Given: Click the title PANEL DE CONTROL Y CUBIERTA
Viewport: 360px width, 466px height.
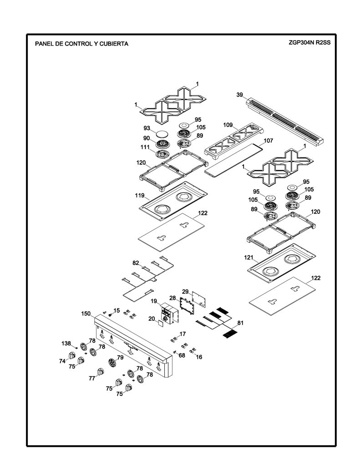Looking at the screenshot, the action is click(x=82, y=44).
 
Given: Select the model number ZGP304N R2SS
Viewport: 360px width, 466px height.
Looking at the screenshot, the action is click(x=309, y=42).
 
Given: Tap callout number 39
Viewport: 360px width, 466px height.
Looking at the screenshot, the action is click(x=239, y=95).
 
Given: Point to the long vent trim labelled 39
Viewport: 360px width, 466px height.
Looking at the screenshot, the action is click(x=285, y=120).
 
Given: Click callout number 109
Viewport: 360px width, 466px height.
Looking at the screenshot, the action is click(x=228, y=125).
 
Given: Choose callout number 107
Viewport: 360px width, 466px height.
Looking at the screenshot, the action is click(x=269, y=141).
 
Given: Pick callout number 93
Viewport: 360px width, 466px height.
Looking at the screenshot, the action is click(x=147, y=128).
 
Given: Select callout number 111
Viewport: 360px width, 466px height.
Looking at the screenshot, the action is click(x=145, y=147).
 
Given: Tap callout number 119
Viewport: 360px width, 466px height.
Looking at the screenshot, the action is click(x=139, y=196).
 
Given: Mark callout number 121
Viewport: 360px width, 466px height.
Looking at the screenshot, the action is click(x=248, y=258).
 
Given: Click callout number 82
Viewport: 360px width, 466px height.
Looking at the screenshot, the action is click(x=136, y=263).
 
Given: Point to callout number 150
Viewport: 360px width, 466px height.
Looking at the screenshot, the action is click(x=86, y=314).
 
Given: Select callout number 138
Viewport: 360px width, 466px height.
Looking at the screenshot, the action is click(x=66, y=343).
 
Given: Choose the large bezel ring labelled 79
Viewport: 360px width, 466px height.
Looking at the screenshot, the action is click(x=112, y=363).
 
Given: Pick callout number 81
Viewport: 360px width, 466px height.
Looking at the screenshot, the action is click(x=240, y=323).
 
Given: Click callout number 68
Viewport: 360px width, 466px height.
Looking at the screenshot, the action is click(x=182, y=355).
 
